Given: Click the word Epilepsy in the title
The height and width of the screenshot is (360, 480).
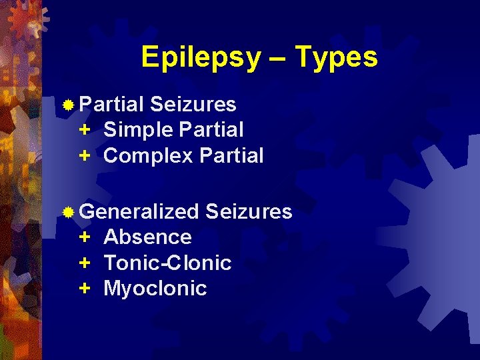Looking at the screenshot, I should click(x=201, y=58).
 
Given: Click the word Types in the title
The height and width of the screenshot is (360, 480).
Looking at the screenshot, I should click(x=336, y=58).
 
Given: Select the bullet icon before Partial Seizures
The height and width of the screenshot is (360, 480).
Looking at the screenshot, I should click(x=68, y=105).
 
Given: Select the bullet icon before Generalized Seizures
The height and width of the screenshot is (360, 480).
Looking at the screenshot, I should click(x=68, y=213).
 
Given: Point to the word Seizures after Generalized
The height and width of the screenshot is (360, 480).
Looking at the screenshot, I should click(x=249, y=212).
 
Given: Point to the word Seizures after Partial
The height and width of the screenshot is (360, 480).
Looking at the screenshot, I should click(x=193, y=104).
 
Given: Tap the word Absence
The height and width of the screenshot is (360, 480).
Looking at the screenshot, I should click(x=147, y=237).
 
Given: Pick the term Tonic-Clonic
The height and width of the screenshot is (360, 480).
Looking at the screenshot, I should click(x=167, y=263).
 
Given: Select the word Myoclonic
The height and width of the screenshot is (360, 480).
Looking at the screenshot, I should click(x=155, y=289).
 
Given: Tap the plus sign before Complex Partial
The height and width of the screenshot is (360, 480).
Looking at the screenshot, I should click(x=85, y=156).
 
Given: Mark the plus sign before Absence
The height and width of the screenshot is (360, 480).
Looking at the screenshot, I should click(x=85, y=237).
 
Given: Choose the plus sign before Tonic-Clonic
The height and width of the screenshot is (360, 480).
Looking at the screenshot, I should click(x=85, y=263).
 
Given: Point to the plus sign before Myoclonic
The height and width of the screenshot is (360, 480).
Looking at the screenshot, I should click(x=85, y=289).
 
